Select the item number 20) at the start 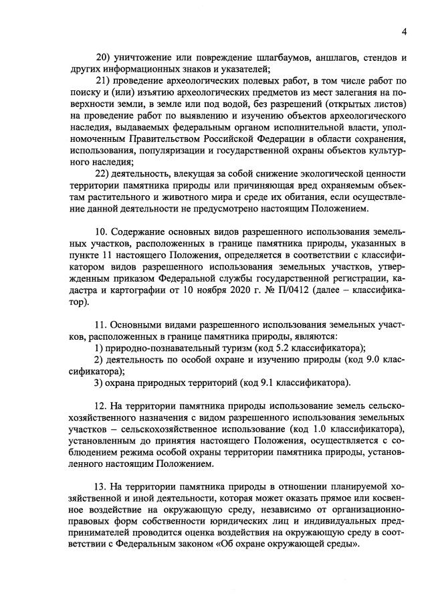pyautogui.click(x=104, y=56)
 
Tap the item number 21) pyautogui.click(x=104, y=82)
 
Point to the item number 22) pyautogui.click(x=104, y=172)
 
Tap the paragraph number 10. pyautogui.click(x=103, y=233)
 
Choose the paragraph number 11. pyautogui.click(x=103, y=324)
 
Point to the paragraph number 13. pyautogui.click(x=103, y=488)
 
